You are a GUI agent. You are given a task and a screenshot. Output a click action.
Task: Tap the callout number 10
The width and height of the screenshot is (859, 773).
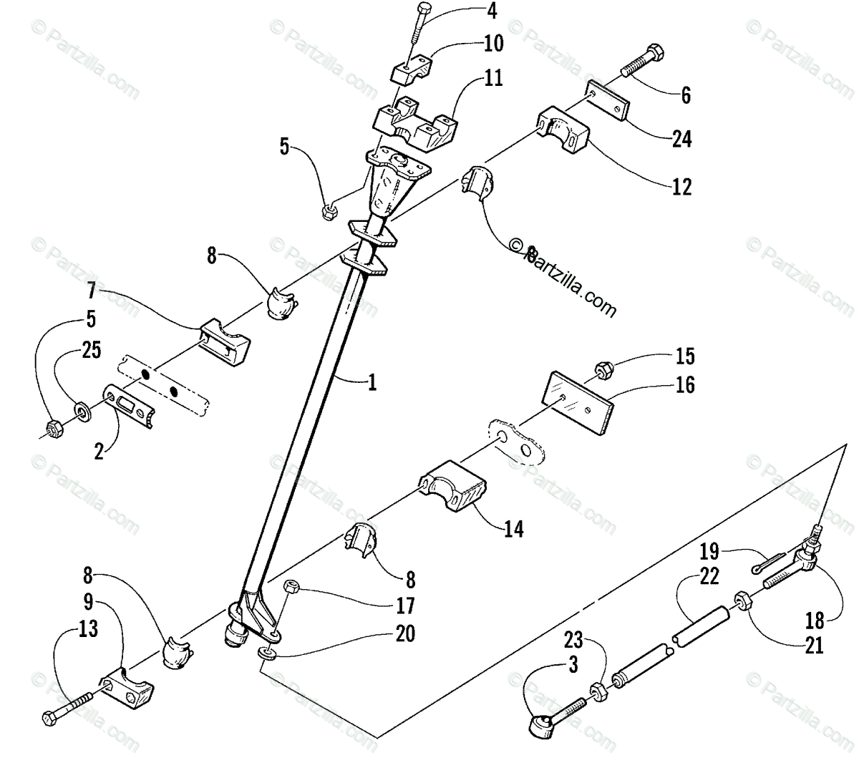click(x=493, y=44)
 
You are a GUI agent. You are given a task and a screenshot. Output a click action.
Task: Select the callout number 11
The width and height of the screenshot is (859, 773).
click(x=493, y=77)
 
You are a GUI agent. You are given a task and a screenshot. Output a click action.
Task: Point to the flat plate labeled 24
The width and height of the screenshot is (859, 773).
click(x=608, y=99)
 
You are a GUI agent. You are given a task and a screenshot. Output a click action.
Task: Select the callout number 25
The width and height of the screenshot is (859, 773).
click(x=92, y=350)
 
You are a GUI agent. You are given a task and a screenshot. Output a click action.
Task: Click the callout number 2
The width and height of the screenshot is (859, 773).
click(x=100, y=452)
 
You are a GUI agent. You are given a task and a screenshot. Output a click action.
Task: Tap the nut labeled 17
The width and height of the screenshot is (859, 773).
click(x=292, y=588)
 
